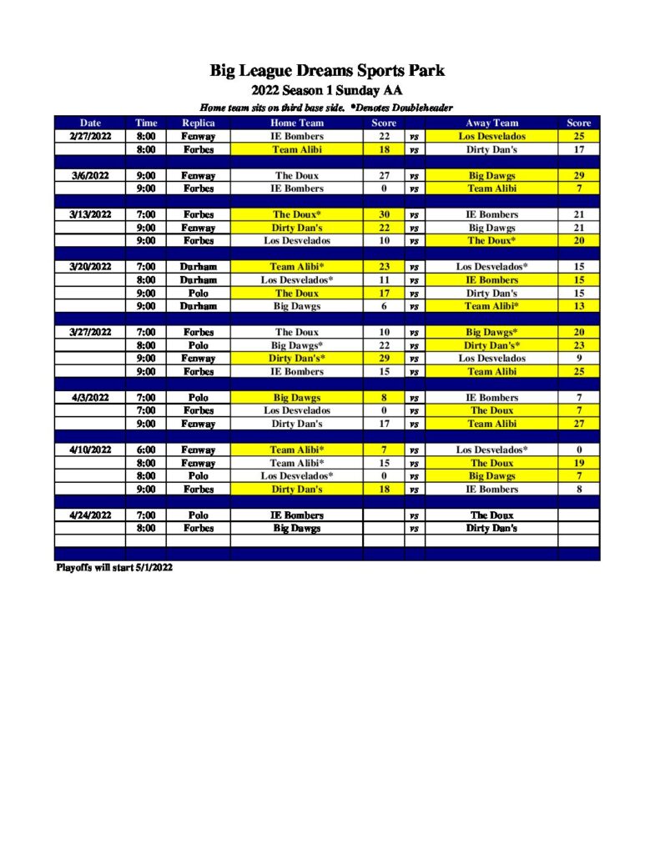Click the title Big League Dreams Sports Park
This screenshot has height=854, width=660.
tap(327, 71)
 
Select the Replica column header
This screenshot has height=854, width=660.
tap(198, 123)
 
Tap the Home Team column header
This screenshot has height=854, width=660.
tap(296, 123)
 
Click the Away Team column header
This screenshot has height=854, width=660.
tap(491, 123)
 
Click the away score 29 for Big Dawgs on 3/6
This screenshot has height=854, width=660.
tap(578, 176)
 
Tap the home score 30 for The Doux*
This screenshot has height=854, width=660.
tap(384, 214)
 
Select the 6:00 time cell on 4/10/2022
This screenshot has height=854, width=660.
tap(146, 450)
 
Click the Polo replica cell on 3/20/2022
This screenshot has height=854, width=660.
tap(198, 294)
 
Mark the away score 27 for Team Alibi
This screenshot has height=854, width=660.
tap(578, 424)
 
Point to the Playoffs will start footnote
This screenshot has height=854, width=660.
tap(114, 567)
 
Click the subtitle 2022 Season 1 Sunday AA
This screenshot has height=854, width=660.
tap(327, 91)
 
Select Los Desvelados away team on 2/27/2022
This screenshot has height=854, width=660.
tap(491, 136)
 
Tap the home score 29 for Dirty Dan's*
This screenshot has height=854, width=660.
tap(384, 359)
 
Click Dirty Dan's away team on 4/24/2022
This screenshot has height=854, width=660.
tap(491, 528)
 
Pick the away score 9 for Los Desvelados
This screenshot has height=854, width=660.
tap(578, 359)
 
